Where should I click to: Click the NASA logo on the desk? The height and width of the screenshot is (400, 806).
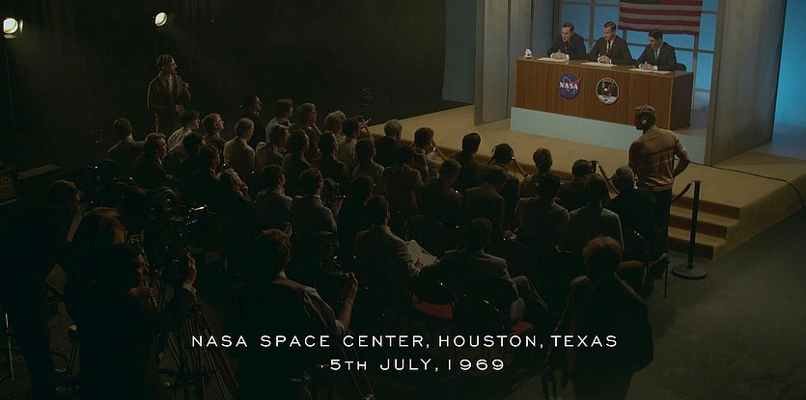(x=570, y=85)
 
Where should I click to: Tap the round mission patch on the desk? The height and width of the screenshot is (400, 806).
(x=607, y=91)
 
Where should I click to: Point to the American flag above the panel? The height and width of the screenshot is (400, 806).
(x=660, y=17)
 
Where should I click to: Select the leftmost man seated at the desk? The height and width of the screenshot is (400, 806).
(x=567, y=41)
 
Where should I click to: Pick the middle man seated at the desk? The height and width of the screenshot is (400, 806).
(x=610, y=43)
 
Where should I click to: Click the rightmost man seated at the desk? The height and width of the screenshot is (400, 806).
(x=657, y=50)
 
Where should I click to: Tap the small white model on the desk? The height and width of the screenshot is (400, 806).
(x=527, y=53)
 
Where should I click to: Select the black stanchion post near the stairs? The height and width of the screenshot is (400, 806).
(x=691, y=231)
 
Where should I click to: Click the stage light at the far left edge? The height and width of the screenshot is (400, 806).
(x=11, y=26)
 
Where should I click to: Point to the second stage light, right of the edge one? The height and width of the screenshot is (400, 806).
(x=161, y=19)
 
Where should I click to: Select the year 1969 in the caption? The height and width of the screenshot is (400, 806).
(x=476, y=364)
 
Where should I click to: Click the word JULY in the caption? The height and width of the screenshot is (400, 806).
(x=408, y=364)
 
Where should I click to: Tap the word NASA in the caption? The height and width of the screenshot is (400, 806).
(x=219, y=341)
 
